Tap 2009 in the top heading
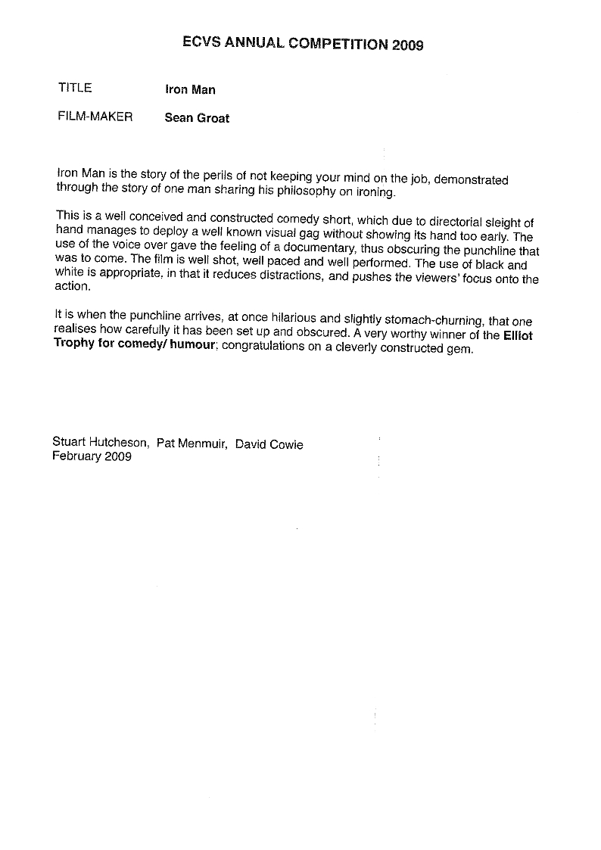[x=407, y=45]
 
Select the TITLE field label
[x=75, y=88]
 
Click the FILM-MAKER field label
[x=95, y=117]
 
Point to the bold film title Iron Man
[x=190, y=90]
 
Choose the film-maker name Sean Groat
[x=197, y=118]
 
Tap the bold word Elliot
[x=518, y=335]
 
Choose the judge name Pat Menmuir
[x=191, y=444]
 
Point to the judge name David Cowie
[x=269, y=444]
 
